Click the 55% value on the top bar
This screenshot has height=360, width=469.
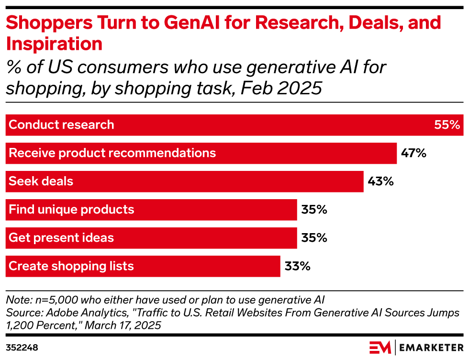[x=447, y=125]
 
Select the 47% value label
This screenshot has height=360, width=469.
[x=413, y=153]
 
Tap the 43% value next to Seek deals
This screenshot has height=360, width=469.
[x=380, y=181]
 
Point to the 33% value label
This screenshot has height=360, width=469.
[x=298, y=266]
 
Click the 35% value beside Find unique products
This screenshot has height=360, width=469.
[x=314, y=210]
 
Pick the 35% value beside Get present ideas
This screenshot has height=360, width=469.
[x=314, y=238]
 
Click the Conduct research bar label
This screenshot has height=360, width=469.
[x=61, y=125]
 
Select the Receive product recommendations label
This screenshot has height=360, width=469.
[x=112, y=153]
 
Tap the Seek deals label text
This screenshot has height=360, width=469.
[x=41, y=181]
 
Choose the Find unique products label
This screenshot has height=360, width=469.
[x=71, y=210]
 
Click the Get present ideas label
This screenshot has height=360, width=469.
[x=61, y=238]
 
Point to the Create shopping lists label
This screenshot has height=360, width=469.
[x=71, y=266]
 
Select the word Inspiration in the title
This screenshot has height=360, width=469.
[x=54, y=44]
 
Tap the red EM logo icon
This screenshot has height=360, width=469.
[x=380, y=347]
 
